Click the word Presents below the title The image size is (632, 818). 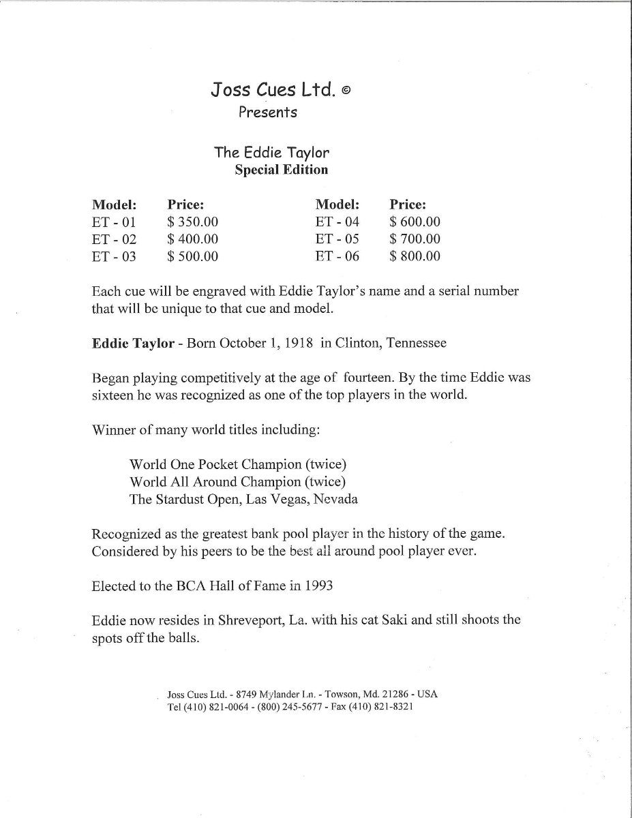tap(267, 112)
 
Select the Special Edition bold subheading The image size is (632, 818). tap(281, 170)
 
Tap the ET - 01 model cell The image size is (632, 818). tap(114, 222)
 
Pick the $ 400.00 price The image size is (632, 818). tap(192, 239)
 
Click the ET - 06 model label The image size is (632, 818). tap(337, 257)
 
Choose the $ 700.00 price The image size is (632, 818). tap(415, 239)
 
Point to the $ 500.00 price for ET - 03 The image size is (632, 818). tap(192, 257)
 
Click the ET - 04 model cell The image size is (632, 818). tap(337, 222)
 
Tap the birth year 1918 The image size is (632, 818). tap(297, 344)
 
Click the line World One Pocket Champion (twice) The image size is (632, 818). tap(238, 464)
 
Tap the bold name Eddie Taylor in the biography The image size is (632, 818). tap(132, 344)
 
